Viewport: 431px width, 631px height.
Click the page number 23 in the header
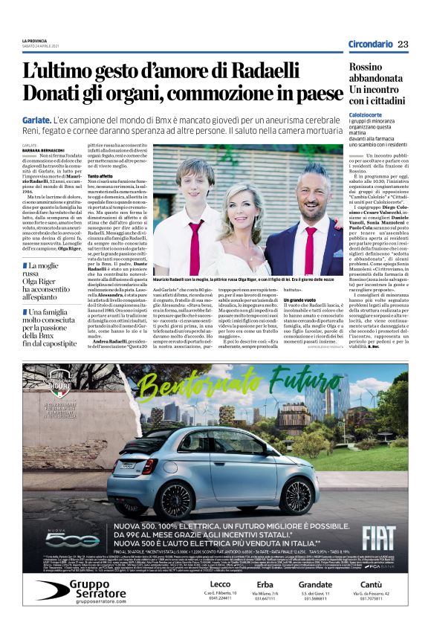click(403, 44)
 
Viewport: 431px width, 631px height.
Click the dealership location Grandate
click(315, 584)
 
